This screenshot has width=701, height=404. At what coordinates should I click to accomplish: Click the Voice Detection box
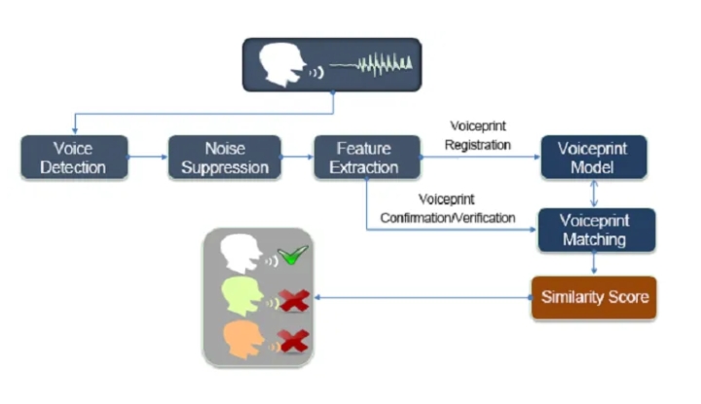click(76, 158)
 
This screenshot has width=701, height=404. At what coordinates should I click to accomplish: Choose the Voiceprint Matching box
click(594, 230)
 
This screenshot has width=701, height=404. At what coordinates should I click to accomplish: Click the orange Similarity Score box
click(593, 297)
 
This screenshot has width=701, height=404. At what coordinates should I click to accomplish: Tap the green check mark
click(292, 256)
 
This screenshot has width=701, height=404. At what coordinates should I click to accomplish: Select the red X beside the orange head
click(293, 340)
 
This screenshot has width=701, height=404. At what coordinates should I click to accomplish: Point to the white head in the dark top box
click(283, 66)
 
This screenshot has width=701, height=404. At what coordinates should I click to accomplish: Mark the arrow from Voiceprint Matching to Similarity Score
click(594, 264)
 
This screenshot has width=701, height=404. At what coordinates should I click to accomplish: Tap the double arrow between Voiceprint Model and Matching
click(594, 193)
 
